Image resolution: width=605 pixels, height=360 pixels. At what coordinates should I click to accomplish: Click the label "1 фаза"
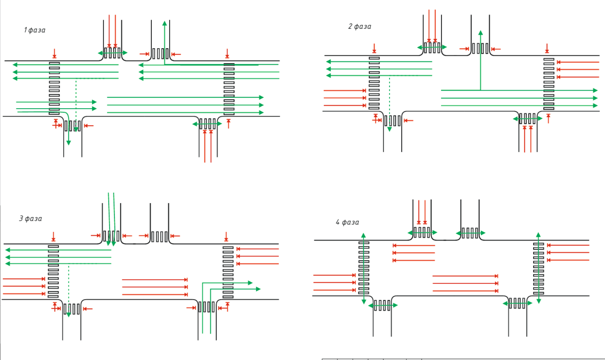35,30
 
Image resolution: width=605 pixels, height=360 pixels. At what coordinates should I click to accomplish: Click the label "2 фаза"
360,26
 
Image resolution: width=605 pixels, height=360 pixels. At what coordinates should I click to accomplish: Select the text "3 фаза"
31,219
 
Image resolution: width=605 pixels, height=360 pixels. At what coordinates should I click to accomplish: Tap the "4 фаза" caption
347,223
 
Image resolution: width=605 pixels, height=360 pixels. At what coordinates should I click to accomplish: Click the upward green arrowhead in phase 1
164,24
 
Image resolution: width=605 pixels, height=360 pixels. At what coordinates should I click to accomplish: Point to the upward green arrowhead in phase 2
481,33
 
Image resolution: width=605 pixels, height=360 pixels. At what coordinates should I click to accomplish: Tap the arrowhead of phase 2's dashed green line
389,129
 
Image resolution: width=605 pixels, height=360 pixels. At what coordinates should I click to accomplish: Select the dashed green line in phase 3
69,291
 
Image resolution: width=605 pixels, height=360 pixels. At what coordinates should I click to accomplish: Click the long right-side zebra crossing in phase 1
229,89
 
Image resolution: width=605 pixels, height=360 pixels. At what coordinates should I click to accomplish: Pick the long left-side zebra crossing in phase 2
374,84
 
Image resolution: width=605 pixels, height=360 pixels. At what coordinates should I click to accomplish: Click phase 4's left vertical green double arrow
363,269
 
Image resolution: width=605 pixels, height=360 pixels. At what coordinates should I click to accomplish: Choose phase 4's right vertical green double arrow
538,268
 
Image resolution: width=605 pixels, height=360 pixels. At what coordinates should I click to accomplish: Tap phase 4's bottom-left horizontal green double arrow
383,306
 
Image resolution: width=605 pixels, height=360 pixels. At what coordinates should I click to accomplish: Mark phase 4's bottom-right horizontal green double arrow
518,304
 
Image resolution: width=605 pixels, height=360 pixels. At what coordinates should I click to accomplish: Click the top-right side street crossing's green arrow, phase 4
470,233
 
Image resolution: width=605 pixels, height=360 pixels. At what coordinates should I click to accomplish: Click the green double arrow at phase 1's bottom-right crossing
207,124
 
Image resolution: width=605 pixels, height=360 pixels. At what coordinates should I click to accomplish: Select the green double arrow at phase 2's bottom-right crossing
528,119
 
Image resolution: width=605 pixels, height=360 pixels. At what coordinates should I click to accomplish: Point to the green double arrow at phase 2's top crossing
432,48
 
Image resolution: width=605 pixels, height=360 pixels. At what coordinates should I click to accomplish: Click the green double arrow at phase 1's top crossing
112,53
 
